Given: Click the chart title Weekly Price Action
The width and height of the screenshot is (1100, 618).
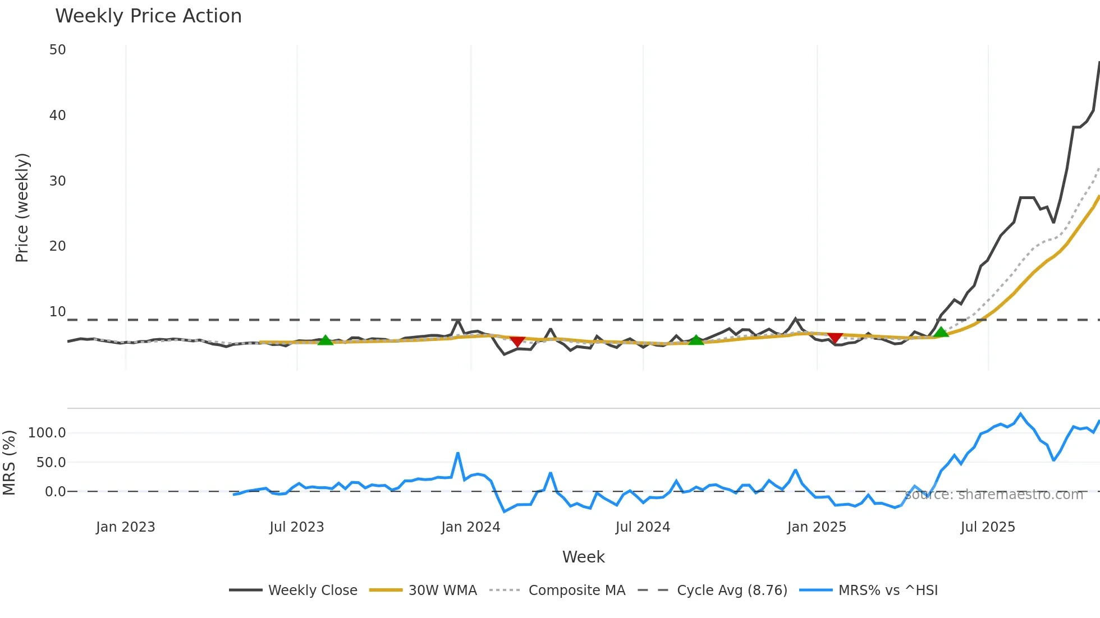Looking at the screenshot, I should point(148,16).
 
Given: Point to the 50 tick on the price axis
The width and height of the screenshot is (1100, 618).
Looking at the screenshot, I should point(57,50).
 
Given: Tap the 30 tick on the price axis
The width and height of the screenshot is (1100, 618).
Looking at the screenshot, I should point(57,181).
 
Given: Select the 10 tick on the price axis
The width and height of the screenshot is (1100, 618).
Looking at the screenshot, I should point(57,312).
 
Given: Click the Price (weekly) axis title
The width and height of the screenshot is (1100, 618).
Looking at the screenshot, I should point(22,207).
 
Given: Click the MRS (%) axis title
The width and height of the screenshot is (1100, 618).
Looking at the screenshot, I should point(9,463).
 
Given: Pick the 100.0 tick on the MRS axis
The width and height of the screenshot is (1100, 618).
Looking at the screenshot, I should point(47,433).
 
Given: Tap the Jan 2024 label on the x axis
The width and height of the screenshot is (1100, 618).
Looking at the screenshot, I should point(470,527).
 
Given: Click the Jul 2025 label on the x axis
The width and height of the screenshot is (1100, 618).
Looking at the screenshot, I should point(988,527).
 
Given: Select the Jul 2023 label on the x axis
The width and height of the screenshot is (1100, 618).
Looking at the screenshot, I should point(296,527).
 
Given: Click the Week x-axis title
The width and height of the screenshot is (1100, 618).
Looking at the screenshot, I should point(583,557).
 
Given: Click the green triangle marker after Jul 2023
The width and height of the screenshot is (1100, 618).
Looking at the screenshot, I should point(326,340).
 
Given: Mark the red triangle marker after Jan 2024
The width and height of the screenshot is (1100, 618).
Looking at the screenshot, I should point(517,341).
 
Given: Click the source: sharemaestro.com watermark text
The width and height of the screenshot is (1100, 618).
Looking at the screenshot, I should point(993,495).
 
